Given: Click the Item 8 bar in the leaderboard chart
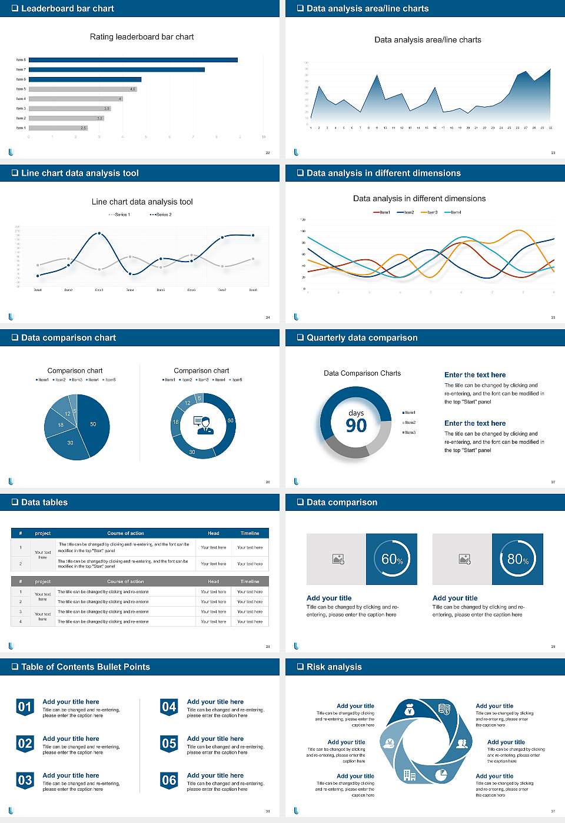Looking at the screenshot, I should click(133, 60).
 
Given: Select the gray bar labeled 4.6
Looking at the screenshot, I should click(82, 89).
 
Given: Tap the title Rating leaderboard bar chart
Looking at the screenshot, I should click(142, 37).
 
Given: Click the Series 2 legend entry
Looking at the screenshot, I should click(161, 215).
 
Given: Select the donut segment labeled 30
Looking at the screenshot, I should click(192, 451).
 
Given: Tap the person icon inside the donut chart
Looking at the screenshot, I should click(203, 424).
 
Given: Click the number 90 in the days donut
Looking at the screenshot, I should click(356, 426).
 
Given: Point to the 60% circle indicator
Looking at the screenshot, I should click(392, 559).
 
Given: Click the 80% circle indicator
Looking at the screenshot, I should click(517, 559).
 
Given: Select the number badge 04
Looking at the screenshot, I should click(169, 707).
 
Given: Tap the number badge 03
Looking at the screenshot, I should click(25, 781).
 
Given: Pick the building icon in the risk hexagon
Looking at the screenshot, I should click(410, 775).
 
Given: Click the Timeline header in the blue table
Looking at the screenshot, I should click(250, 533).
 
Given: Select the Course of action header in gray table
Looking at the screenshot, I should click(125, 581).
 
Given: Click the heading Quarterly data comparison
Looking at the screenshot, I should click(362, 338).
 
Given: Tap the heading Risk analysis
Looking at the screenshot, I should click(334, 667).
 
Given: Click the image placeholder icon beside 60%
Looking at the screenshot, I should click(338, 559).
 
